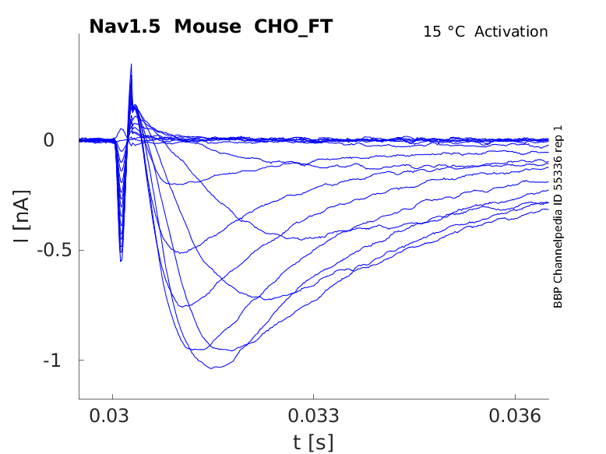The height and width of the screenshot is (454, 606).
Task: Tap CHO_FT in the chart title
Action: [294, 26]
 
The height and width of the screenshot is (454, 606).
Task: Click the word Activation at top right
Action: [511, 32]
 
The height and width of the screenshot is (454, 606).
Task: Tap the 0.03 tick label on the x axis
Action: [113, 415]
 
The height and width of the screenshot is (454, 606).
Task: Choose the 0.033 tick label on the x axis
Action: [314, 415]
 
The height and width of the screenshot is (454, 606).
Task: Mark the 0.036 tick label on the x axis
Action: [515, 415]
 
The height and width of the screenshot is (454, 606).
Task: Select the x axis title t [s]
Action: [313, 442]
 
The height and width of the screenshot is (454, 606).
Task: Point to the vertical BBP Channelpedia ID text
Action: [558, 216]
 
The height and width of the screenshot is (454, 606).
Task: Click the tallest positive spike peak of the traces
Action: [131, 65]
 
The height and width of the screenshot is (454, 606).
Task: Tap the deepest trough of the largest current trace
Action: [213, 368]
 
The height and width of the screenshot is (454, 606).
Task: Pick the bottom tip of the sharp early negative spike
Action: [121, 260]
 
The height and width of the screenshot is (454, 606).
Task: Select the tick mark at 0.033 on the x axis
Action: [314, 397]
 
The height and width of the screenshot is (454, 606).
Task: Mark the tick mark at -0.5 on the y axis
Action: [81, 250]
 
